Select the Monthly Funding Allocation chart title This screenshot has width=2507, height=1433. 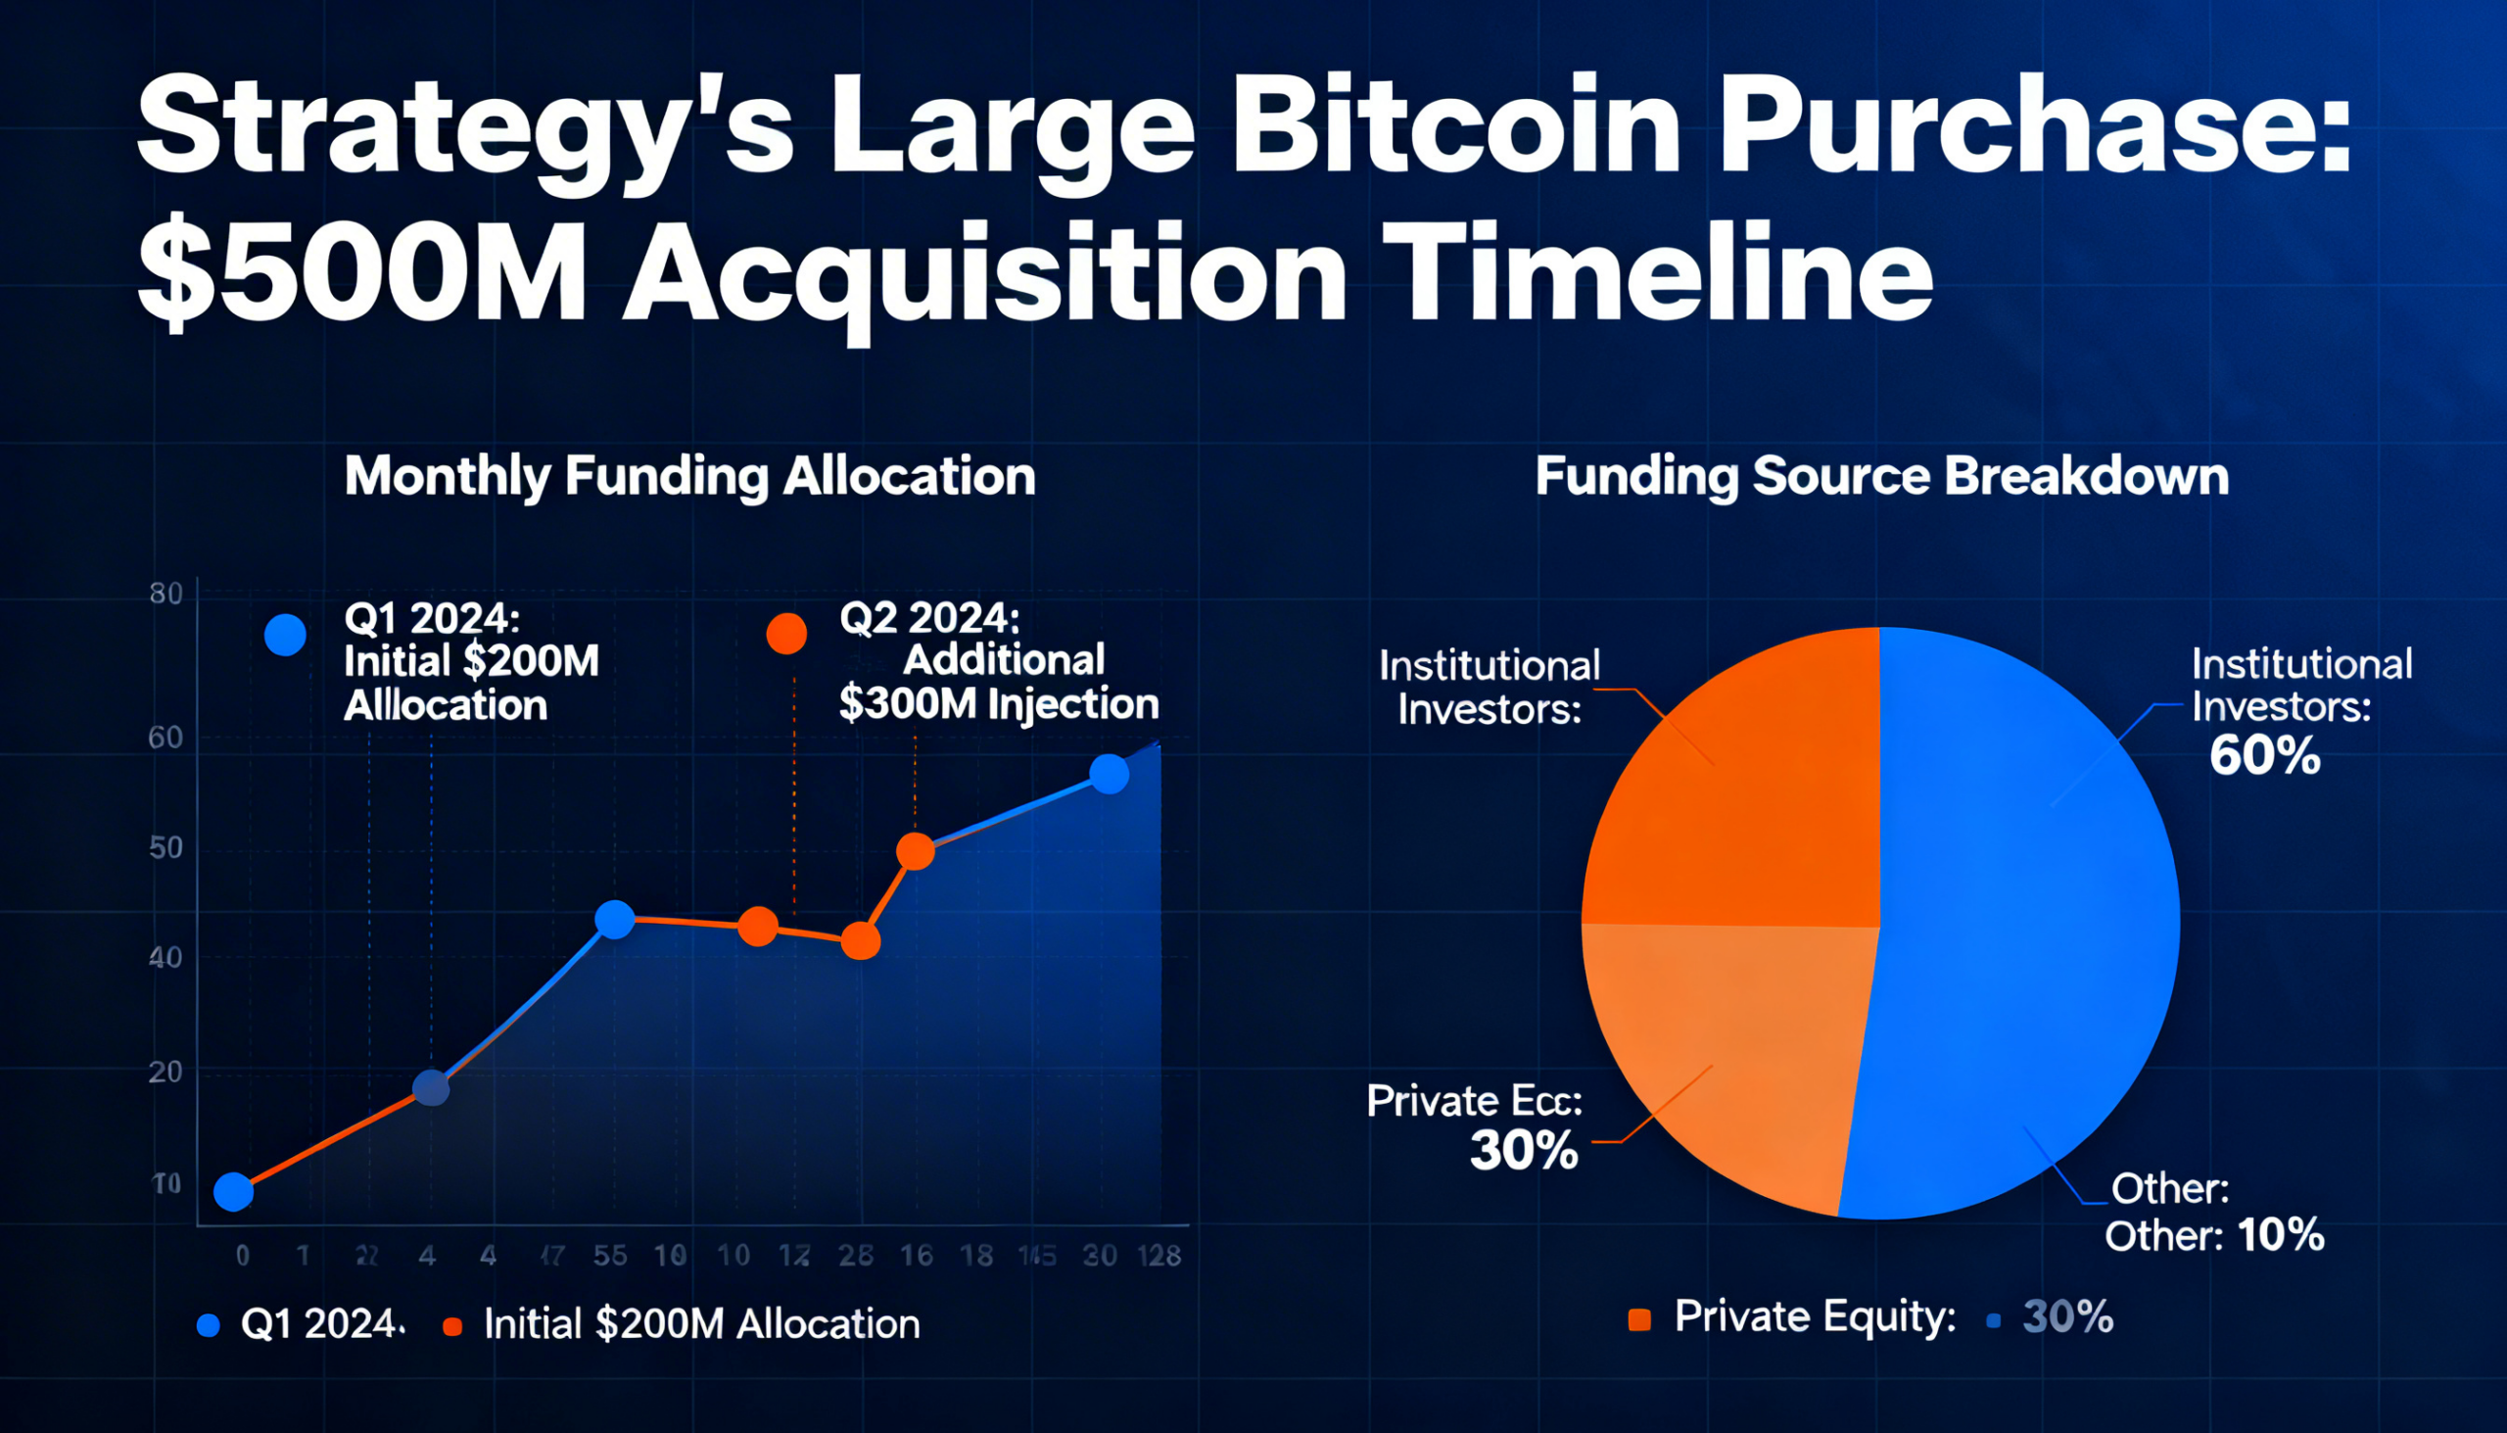coord(689,476)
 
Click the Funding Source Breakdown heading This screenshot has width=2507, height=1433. coord(1881,476)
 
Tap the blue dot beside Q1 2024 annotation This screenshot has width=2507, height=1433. coord(285,635)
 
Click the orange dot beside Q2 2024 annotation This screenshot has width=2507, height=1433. coord(786,633)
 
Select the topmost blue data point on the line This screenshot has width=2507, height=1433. coord(1109,775)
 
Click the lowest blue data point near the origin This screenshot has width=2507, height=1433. coord(233,1192)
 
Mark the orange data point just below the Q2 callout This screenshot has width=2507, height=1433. coord(915,851)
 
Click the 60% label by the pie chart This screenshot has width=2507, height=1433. coord(2264,757)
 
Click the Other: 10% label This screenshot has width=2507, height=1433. coord(2214,1235)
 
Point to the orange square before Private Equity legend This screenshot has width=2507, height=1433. coord(1639,1319)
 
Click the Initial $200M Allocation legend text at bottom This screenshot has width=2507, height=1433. coord(701,1324)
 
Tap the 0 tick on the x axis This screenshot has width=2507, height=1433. coord(243,1256)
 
